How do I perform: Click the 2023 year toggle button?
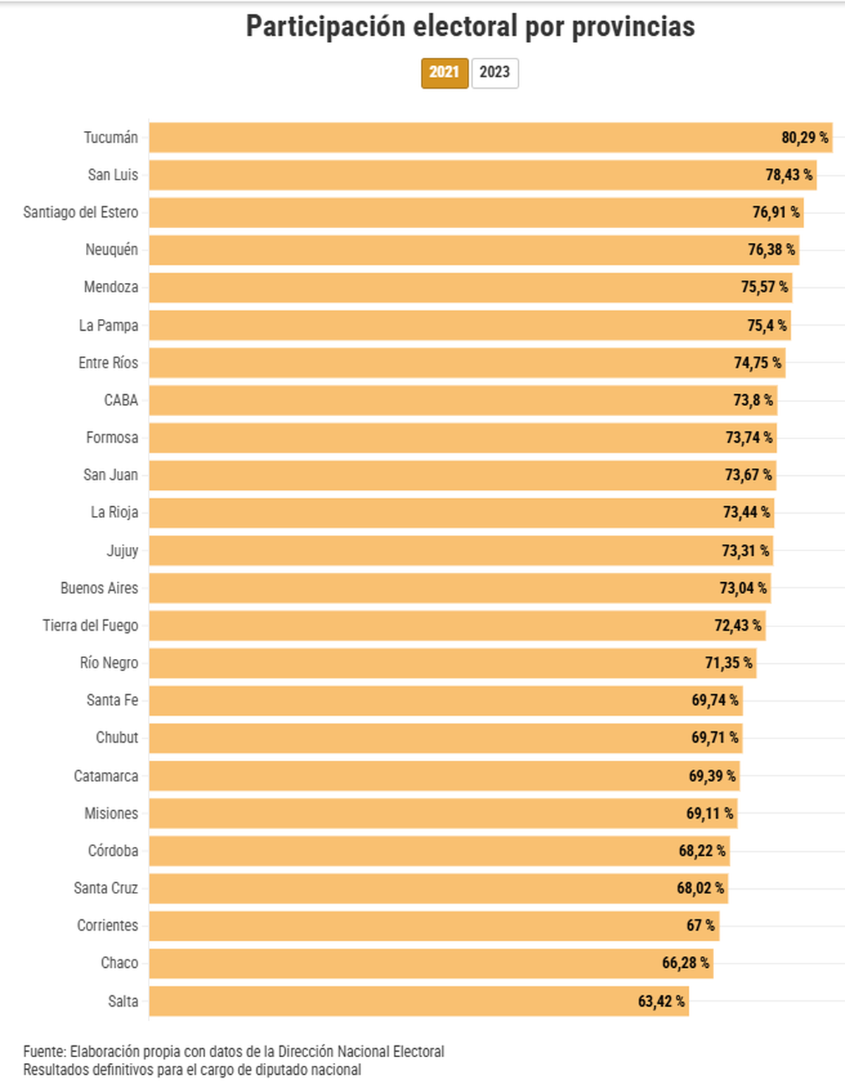tap(494, 73)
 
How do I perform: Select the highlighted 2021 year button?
tap(444, 73)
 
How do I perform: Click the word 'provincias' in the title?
tap(633, 27)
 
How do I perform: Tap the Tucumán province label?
tap(111, 137)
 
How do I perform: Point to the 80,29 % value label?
tap(804, 137)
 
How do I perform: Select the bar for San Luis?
tap(458, 175)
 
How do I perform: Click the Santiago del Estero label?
tap(80, 212)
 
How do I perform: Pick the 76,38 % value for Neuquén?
tap(771, 249)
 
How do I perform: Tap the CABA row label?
tap(121, 400)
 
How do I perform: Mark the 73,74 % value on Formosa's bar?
tap(749, 437)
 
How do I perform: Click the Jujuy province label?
tap(123, 550)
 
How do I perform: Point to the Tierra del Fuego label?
tap(90, 625)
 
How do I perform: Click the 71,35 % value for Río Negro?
tap(728, 662)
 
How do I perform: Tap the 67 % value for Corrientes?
tap(700, 925)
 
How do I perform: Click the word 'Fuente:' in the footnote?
tap(44, 1052)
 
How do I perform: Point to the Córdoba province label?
tap(113, 850)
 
